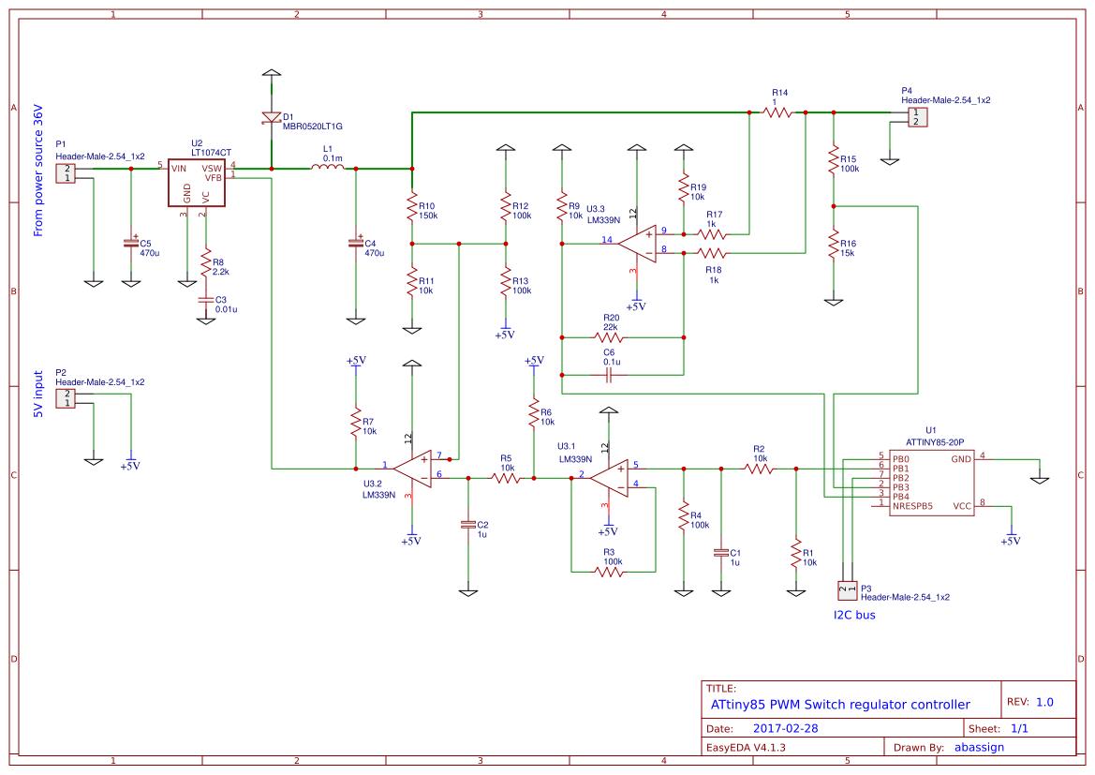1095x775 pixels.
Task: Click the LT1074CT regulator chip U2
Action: coord(199,182)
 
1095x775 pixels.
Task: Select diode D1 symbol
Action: coord(271,118)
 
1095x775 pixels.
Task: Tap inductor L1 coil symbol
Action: coord(327,168)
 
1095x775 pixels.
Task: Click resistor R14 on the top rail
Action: coord(778,112)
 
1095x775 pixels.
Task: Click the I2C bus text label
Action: coord(854,616)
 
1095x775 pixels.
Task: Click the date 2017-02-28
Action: coord(785,728)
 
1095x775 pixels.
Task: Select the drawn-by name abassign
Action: coord(979,747)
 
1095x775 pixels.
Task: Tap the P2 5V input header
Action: coord(67,398)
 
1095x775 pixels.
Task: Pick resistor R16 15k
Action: coord(832,246)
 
